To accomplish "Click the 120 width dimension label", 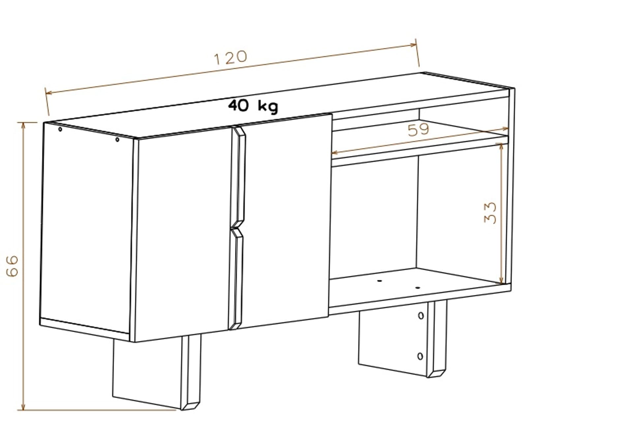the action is pyautogui.click(x=230, y=57).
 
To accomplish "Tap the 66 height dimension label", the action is pyautogui.click(x=12, y=266).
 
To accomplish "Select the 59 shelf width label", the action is pyautogui.click(x=419, y=130).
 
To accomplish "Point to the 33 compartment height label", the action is pyautogui.click(x=490, y=213).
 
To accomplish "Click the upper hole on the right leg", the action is pyautogui.click(x=421, y=316).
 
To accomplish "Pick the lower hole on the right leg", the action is pyautogui.click(x=420, y=356).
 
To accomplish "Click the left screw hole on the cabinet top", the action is pyautogui.click(x=60, y=129).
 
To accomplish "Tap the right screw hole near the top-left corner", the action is pyautogui.click(x=117, y=140).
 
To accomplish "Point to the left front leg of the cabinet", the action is pyautogui.click(x=157, y=373).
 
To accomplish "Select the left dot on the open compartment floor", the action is pyautogui.click(x=379, y=281).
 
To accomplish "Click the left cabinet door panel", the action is pyautogui.click(x=182, y=234).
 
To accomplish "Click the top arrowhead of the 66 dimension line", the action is pyautogui.click(x=23, y=126).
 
